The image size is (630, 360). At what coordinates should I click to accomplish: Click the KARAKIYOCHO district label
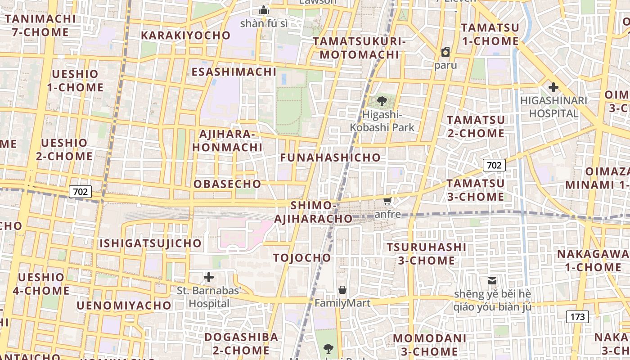click(185, 36)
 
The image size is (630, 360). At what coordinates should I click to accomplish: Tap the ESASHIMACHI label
click(234, 72)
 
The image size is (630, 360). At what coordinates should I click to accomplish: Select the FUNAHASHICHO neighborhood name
click(330, 157)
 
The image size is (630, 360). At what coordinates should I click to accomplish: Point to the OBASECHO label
click(227, 184)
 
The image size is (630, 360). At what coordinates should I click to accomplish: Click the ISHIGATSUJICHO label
click(150, 243)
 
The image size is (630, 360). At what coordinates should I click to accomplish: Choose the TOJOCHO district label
click(302, 258)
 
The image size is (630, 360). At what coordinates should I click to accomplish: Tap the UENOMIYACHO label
click(124, 306)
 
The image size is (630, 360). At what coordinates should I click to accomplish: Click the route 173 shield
click(577, 317)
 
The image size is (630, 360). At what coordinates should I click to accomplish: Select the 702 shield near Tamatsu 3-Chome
click(494, 165)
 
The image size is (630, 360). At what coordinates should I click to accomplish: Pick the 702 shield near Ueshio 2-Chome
click(80, 192)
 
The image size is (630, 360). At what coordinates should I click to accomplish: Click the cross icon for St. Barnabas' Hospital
click(209, 277)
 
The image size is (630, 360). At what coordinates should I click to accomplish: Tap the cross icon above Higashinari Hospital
click(553, 87)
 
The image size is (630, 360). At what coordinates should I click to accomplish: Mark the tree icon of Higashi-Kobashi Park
click(382, 101)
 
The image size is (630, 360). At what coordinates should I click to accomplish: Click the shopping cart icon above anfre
click(387, 201)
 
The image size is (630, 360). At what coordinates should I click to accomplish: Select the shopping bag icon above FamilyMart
click(342, 290)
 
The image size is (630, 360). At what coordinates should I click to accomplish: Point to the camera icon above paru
click(445, 52)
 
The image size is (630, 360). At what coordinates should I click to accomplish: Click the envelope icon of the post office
click(492, 281)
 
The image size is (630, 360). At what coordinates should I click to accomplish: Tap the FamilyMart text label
click(342, 303)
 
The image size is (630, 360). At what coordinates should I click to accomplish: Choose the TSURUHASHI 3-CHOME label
click(426, 254)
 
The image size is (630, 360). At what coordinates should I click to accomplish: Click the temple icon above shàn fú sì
click(264, 10)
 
